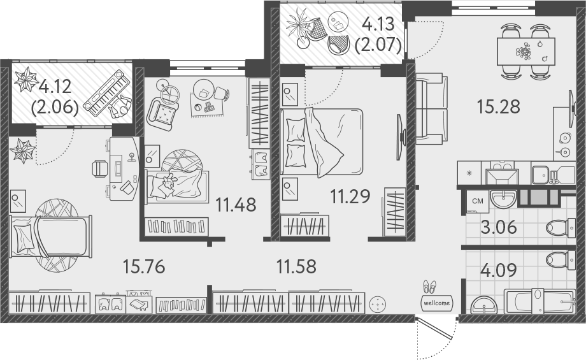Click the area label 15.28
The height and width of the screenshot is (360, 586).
tap(498, 106)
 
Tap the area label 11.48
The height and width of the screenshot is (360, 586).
tap(235, 205)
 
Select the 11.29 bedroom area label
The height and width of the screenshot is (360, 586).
tap(350, 196)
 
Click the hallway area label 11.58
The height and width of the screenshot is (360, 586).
tap(297, 266)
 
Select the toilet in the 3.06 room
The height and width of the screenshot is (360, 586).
tap(561, 227)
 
